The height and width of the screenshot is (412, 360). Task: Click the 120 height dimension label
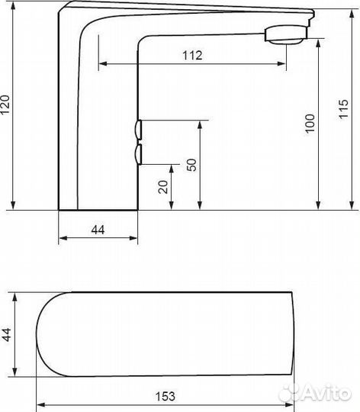5,105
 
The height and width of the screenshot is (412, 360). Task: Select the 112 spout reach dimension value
192,56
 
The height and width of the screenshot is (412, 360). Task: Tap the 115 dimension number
343,109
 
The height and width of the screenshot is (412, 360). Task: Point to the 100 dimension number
310,124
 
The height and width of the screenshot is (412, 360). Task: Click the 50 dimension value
191,165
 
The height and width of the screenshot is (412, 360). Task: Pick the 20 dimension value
163,187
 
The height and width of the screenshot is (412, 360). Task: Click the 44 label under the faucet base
98,230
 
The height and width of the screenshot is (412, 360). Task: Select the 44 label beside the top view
7,334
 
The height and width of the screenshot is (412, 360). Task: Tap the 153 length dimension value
166,397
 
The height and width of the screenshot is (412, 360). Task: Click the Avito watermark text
326,394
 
